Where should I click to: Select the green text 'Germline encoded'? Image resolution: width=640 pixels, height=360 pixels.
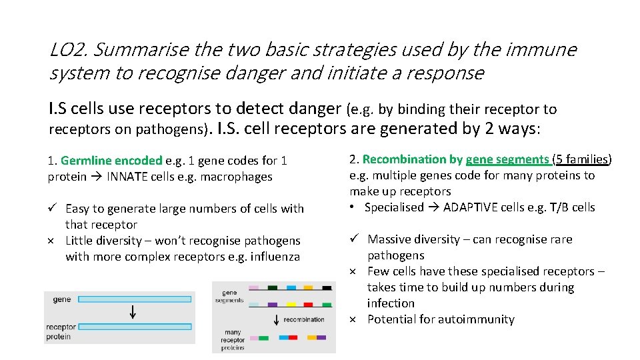111,161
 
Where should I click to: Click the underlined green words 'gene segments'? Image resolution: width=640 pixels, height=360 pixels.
507,159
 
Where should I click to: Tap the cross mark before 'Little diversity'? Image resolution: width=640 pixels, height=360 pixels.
52,241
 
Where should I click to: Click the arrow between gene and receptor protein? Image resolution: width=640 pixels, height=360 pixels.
133,312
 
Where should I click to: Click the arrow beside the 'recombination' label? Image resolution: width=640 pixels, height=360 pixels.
276,320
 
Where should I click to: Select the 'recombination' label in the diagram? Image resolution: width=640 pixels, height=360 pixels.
304,320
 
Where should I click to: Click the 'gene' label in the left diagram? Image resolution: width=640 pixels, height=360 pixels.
62,300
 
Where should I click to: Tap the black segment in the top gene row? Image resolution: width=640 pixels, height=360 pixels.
326,288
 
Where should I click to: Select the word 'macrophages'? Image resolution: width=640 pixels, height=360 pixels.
241,177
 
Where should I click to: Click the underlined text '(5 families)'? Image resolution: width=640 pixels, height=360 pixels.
582,159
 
